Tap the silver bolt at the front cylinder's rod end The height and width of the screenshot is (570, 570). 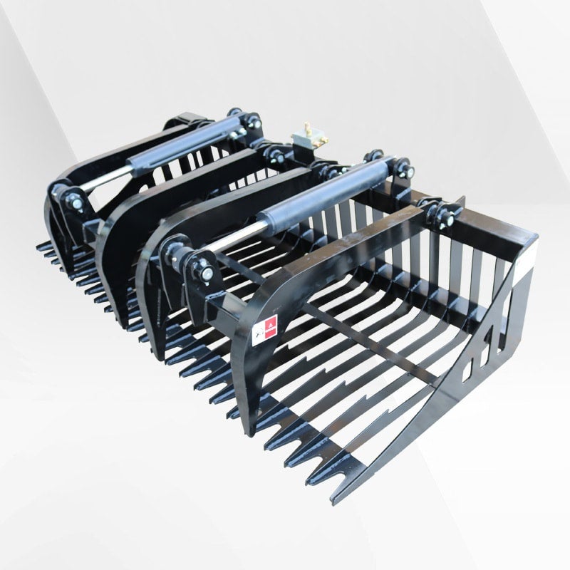click(x=206, y=271)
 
